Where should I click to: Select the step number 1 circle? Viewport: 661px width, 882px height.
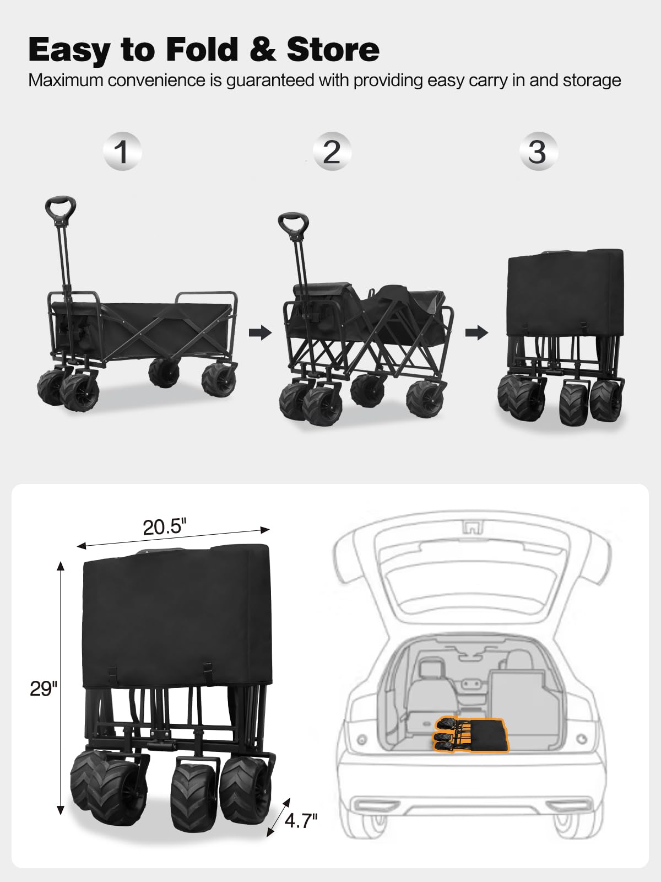pos(122,152)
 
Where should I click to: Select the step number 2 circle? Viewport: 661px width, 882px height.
pos(332,152)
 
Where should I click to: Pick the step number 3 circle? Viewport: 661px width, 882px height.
pos(538,152)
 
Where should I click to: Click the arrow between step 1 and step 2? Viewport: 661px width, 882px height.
pos(261,332)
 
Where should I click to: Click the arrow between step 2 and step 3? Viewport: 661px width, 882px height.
pos(476,332)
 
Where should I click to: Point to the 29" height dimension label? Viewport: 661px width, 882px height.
pos(43,688)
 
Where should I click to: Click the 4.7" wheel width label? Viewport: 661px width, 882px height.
pos(301,821)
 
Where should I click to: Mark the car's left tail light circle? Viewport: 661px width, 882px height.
pos(361,739)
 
